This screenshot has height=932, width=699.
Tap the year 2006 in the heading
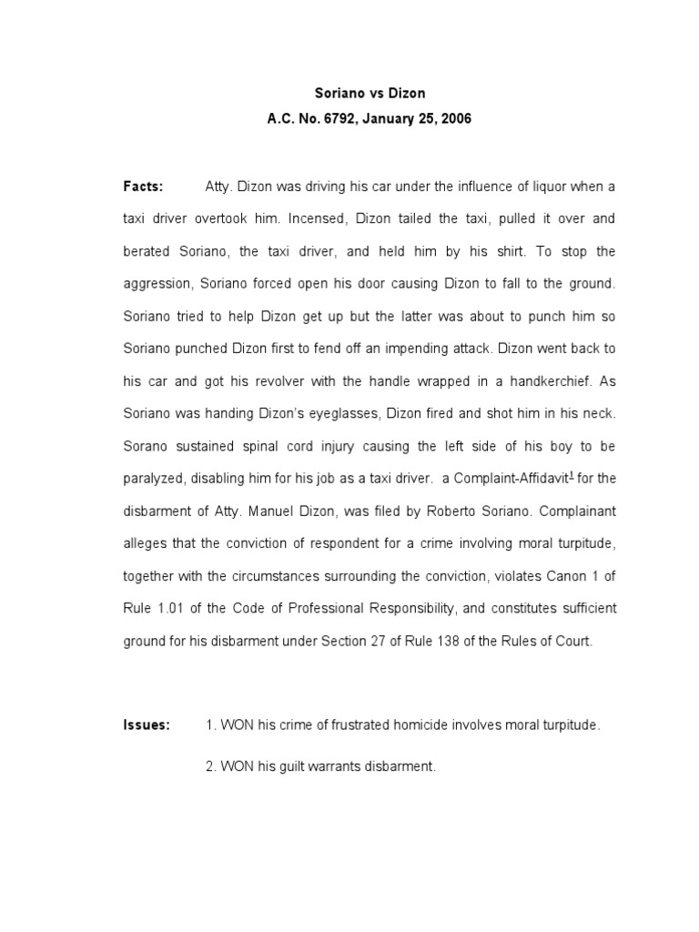tap(455, 119)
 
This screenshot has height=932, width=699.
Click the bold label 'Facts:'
tap(143, 187)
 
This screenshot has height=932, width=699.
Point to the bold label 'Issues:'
tap(147, 725)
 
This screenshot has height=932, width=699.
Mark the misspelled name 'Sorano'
tap(148, 445)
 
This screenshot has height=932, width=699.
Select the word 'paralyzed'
tap(154, 478)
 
